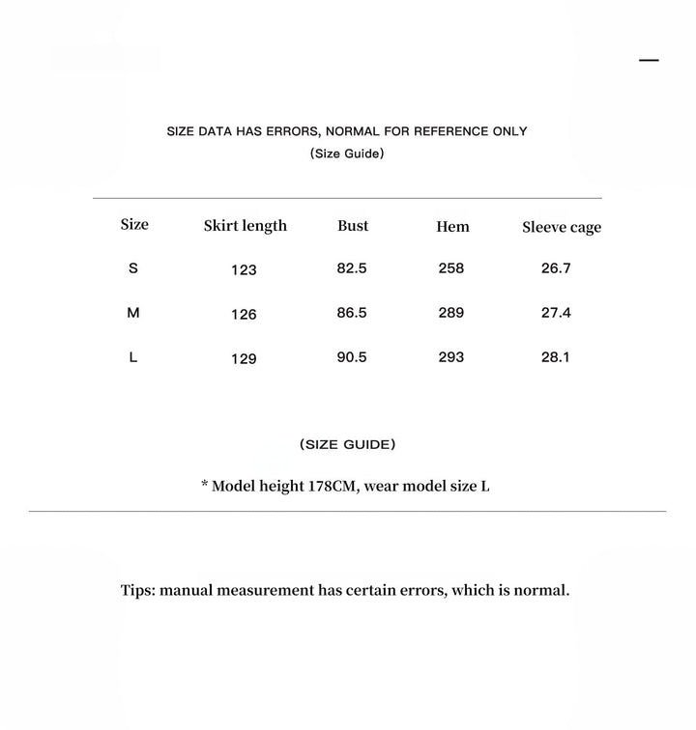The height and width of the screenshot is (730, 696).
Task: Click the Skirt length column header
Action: click(x=246, y=226)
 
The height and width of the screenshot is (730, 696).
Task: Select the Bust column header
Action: click(x=353, y=226)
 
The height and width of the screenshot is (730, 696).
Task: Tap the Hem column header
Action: click(x=452, y=227)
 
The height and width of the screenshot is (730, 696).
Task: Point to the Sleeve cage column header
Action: click(x=562, y=228)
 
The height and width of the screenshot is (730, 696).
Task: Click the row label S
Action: click(x=133, y=268)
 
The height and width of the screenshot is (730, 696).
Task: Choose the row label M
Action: click(x=133, y=313)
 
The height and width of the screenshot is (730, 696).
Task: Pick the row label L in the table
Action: click(x=133, y=357)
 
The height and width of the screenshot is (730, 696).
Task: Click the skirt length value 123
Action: click(x=244, y=270)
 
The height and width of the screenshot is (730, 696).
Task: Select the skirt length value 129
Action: click(x=244, y=359)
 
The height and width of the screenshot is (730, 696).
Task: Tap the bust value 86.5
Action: click(x=352, y=313)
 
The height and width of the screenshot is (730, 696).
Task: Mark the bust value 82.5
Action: click(x=352, y=268)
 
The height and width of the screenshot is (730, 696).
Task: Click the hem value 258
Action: click(x=451, y=268)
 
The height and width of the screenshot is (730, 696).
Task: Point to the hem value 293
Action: click(x=451, y=357)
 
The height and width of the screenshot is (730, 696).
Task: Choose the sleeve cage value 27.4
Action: click(x=556, y=313)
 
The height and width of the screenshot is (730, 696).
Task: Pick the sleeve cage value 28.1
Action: click(x=556, y=357)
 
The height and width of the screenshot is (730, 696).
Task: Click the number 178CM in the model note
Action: click(x=333, y=486)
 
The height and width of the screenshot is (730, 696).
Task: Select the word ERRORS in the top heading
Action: click(x=293, y=131)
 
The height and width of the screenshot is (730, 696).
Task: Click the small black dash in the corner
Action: click(x=649, y=60)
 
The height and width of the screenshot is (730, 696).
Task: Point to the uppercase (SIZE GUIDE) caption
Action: click(x=348, y=445)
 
